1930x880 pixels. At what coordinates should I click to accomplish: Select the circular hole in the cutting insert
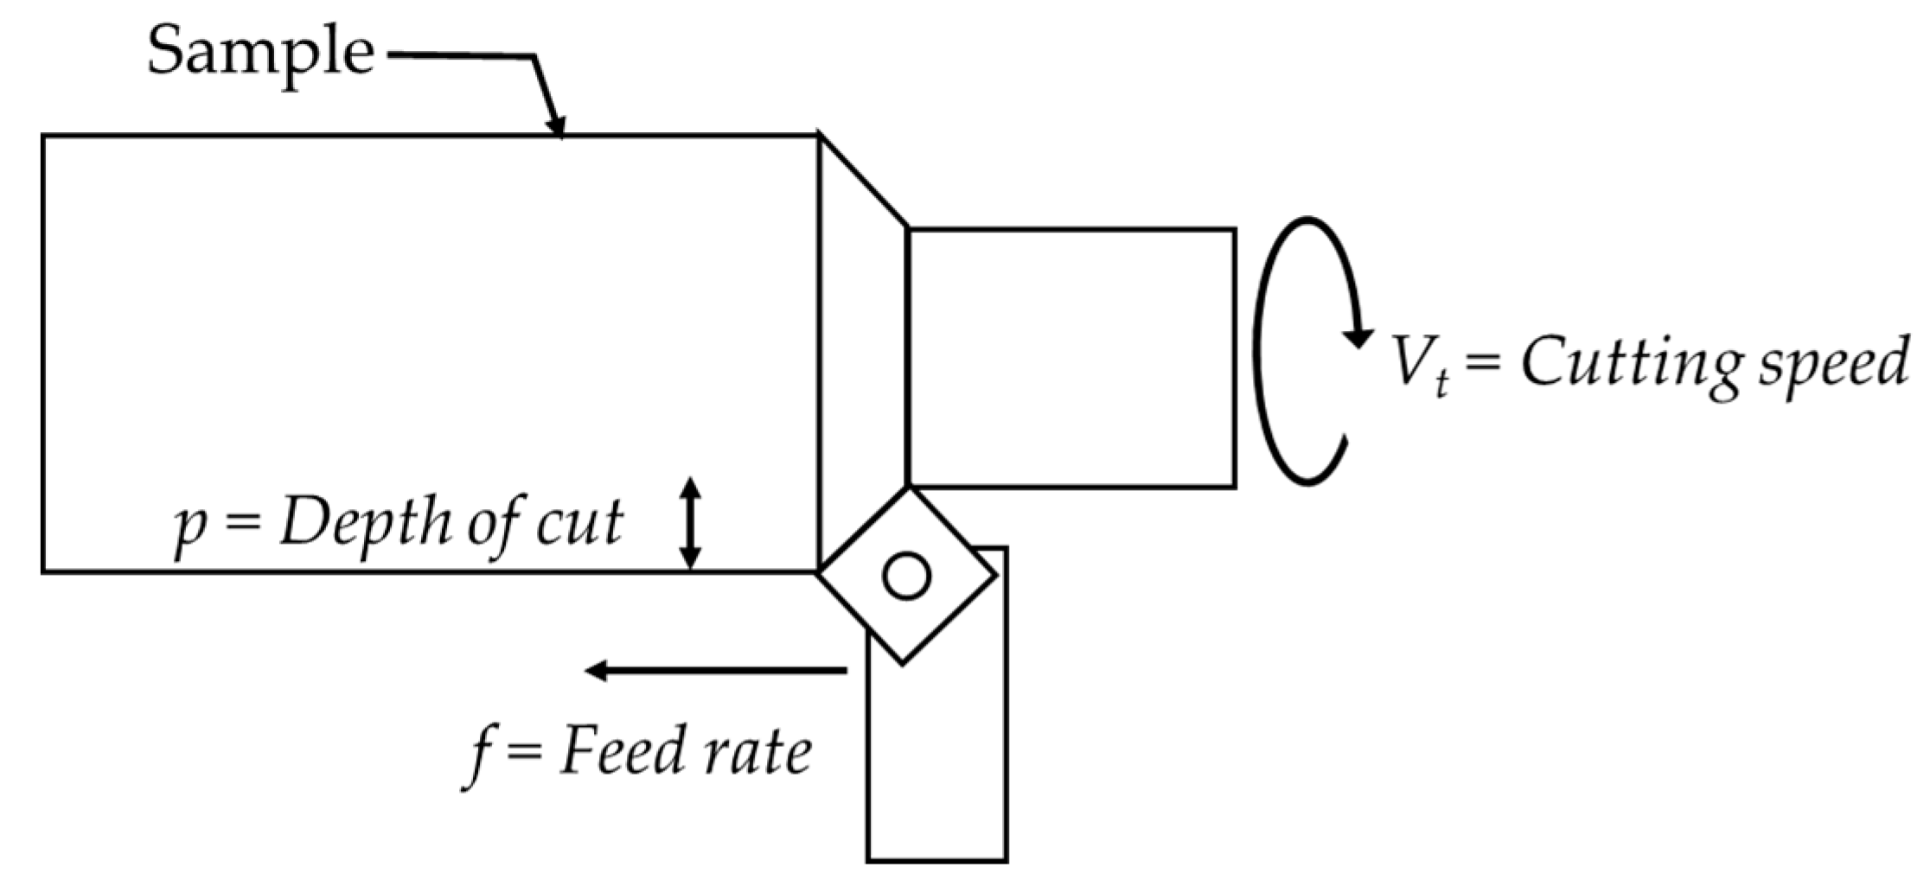click(906, 576)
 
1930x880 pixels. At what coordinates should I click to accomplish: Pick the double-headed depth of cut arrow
click(689, 523)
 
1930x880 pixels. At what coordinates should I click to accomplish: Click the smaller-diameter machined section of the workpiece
click(1072, 358)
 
